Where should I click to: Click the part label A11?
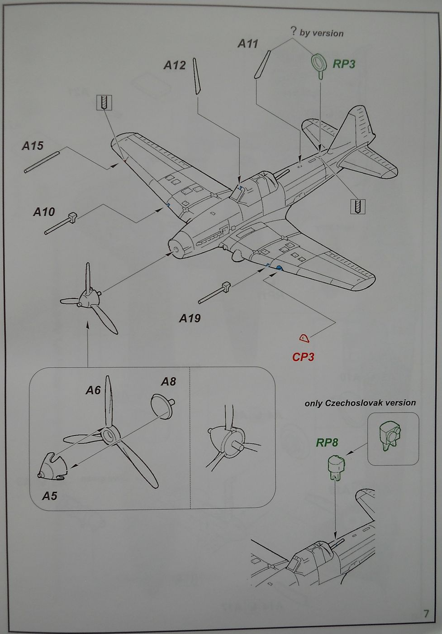click(248, 43)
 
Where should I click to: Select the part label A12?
click(174, 65)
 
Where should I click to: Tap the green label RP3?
click(344, 64)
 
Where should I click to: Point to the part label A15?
click(33, 146)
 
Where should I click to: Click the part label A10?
click(44, 211)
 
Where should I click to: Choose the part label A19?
click(190, 318)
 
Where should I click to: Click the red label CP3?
click(303, 357)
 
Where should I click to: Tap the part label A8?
click(168, 381)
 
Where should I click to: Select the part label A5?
click(50, 496)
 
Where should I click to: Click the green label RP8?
click(327, 442)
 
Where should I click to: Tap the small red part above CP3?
click(304, 337)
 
